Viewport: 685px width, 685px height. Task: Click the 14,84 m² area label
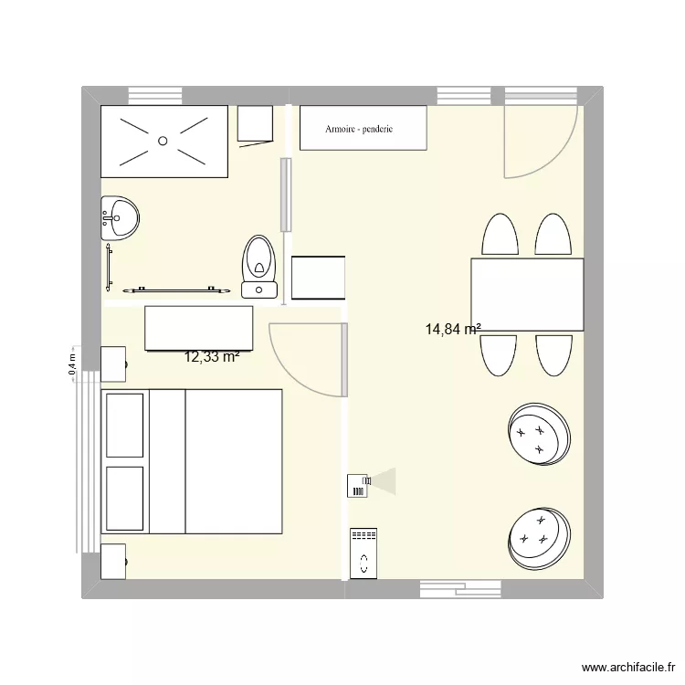[453, 330]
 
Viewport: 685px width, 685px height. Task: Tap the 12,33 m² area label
[212, 357]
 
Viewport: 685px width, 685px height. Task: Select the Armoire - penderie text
[359, 129]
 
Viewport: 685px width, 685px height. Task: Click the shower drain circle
[163, 141]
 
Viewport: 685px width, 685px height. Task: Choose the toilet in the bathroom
[259, 266]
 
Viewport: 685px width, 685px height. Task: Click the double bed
[192, 461]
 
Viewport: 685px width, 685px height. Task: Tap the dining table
[527, 294]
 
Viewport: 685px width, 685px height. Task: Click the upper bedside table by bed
[113, 363]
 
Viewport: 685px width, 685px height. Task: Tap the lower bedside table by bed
[113, 561]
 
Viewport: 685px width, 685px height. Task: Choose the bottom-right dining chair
[553, 354]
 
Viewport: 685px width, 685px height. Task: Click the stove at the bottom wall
[363, 553]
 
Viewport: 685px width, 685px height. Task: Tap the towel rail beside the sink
[110, 265]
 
